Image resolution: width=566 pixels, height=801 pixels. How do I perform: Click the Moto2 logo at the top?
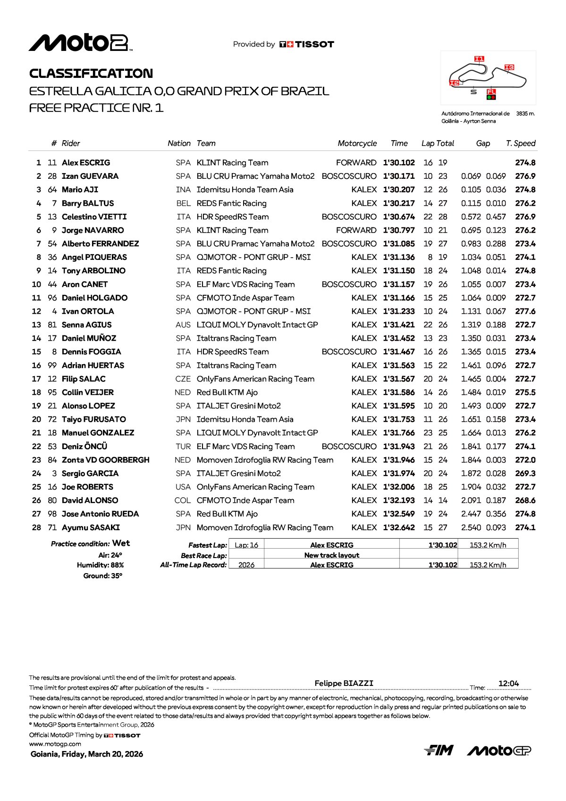pyautogui.click(x=80, y=43)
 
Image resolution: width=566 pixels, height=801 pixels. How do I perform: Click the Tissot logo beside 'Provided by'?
pyautogui.click(x=307, y=44)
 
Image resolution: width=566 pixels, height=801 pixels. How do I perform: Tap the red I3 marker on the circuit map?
pyautogui.click(x=509, y=67)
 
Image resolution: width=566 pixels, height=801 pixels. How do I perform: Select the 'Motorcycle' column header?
pyautogui.click(x=357, y=143)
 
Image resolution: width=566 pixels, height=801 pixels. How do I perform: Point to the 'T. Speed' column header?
pyautogui.click(x=520, y=143)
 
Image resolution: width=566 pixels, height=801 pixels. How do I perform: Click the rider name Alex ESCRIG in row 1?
pyautogui.click(x=86, y=163)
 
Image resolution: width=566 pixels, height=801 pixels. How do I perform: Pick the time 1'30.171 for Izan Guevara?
pyautogui.click(x=399, y=176)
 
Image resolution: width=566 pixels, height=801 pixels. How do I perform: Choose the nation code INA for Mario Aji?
pyautogui.click(x=183, y=190)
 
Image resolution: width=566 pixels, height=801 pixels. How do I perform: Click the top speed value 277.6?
pyautogui.click(x=525, y=311)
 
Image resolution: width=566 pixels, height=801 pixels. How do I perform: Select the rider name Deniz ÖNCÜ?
pyautogui.click(x=84, y=446)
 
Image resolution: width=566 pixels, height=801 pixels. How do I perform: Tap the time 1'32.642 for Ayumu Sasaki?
pyautogui.click(x=399, y=527)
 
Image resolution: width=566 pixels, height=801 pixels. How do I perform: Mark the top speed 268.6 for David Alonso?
pyautogui.click(x=525, y=501)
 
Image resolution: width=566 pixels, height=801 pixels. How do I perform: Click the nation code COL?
pyautogui.click(x=183, y=501)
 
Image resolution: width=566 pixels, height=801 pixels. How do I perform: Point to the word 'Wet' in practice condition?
pyautogui.click(x=121, y=543)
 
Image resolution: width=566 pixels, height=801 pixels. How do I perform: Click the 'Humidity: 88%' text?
pyautogui.click(x=100, y=565)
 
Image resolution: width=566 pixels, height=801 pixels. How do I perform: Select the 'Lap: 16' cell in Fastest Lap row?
pyautogui.click(x=246, y=545)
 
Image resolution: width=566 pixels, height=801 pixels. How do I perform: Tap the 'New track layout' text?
pyautogui.click(x=331, y=555)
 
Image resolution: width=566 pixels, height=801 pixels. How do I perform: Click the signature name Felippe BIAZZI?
pyautogui.click(x=344, y=683)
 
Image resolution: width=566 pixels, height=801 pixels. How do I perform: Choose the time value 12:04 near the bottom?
pyautogui.click(x=508, y=684)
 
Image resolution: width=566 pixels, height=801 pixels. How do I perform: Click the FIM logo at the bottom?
pyautogui.click(x=439, y=750)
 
